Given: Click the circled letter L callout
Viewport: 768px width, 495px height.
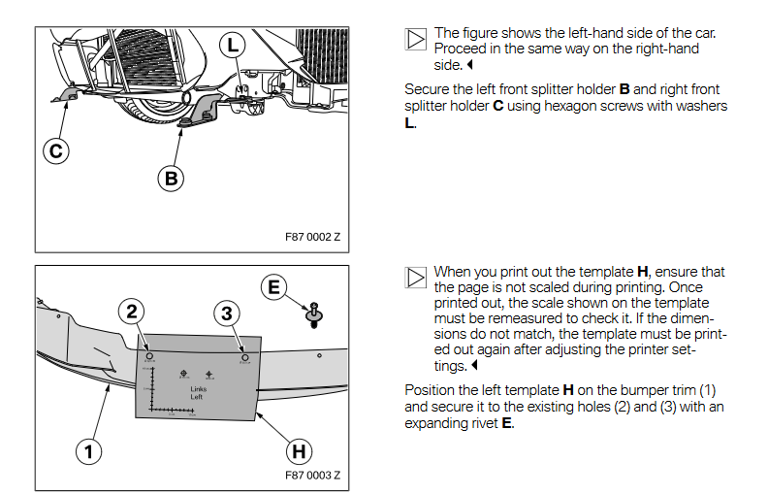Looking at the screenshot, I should pos(233,45).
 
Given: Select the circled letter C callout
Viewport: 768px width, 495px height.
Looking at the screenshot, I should pos(55,150).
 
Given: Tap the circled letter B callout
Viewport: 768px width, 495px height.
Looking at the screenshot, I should pos(171,179).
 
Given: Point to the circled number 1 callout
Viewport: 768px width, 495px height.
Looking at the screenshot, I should pos(88,451).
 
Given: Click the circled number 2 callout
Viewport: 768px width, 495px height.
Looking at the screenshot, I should pos(133,312).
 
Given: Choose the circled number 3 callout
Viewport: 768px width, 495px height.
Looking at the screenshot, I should pos(226,313).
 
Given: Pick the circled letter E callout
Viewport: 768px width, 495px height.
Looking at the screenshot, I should pos(273,286).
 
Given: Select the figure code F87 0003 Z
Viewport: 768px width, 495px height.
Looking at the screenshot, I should pos(313,476).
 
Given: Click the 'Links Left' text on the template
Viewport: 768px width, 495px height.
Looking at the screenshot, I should pos(198,393).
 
